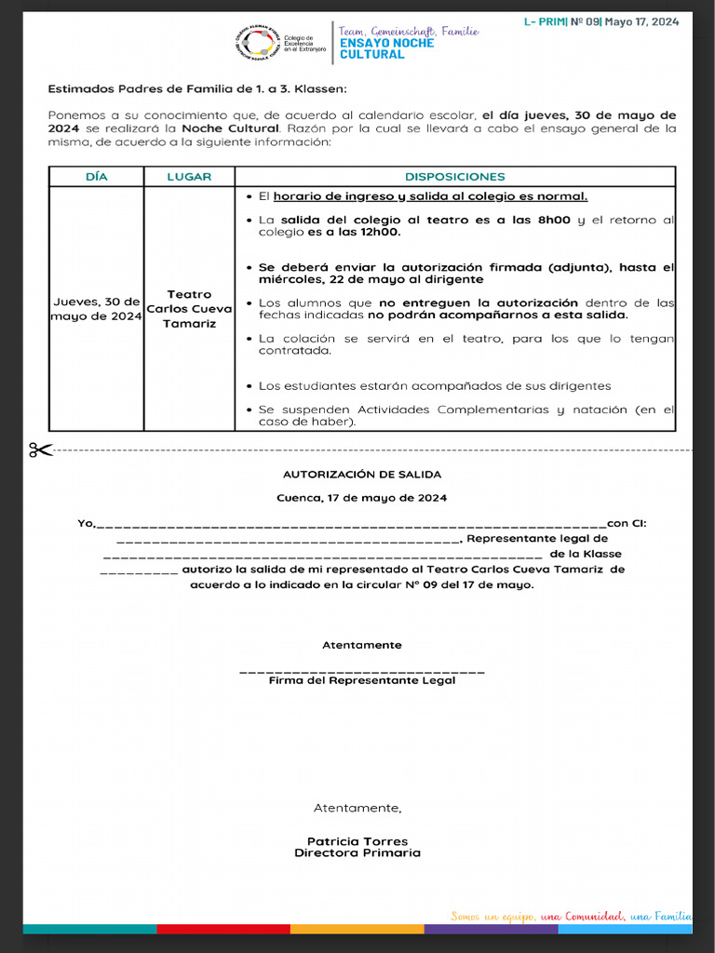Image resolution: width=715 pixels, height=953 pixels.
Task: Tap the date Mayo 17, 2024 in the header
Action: [x=642, y=21]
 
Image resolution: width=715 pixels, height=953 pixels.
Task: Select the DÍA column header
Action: [x=97, y=177]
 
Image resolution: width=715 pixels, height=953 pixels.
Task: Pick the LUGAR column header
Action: [x=189, y=177]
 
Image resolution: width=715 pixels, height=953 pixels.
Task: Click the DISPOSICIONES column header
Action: [x=455, y=177]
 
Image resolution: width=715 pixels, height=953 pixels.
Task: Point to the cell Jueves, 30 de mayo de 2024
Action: [x=97, y=309]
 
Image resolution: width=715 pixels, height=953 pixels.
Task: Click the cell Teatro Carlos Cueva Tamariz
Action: [x=189, y=309]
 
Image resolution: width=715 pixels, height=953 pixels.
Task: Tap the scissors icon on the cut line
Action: [x=40, y=450]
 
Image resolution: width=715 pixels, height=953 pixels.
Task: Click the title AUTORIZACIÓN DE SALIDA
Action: [x=362, y=475]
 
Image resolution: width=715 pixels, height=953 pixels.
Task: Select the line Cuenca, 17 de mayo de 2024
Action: [x=362, y=498]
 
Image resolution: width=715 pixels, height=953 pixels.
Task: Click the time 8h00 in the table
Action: [x=556, y=220]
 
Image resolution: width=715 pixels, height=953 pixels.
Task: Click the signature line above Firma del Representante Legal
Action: [x=362, y=670]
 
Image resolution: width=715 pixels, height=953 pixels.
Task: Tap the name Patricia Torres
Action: [x=357, y=841]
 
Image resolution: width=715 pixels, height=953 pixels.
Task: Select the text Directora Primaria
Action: [x=357, y=852]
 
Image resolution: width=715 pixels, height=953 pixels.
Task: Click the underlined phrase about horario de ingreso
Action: [x=430, y=196]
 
